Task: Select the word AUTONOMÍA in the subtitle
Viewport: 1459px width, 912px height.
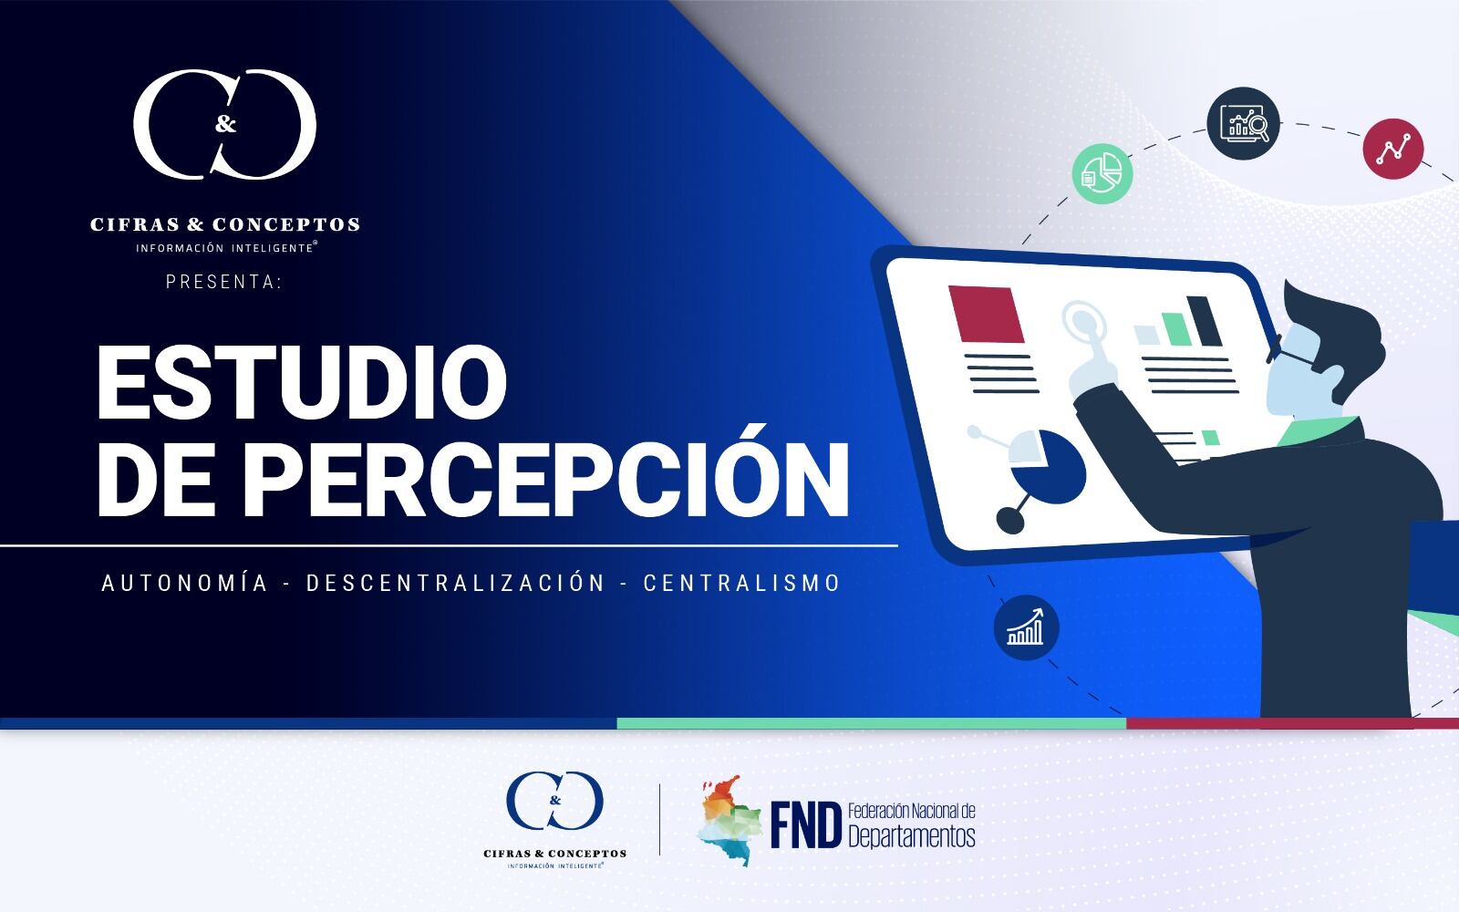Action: point(185,583)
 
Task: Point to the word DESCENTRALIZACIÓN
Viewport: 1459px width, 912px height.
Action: point(456,583)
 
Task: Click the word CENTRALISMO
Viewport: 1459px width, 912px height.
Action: point(742,583)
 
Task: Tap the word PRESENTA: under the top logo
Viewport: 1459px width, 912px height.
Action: point(224,283)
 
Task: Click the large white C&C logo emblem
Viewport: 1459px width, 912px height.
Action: point(225,128)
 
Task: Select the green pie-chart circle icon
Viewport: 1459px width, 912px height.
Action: point(1102,173)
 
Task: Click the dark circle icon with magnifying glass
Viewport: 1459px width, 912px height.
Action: point(1244,123)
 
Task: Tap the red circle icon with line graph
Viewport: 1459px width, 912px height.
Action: point(1392,148)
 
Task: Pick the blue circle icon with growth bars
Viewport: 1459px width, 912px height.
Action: point(1026,627)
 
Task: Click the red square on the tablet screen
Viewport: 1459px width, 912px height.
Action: point(987,315)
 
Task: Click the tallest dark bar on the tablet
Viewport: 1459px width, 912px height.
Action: point(1205,321)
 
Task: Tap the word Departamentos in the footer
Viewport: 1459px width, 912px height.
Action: point(911,835)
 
